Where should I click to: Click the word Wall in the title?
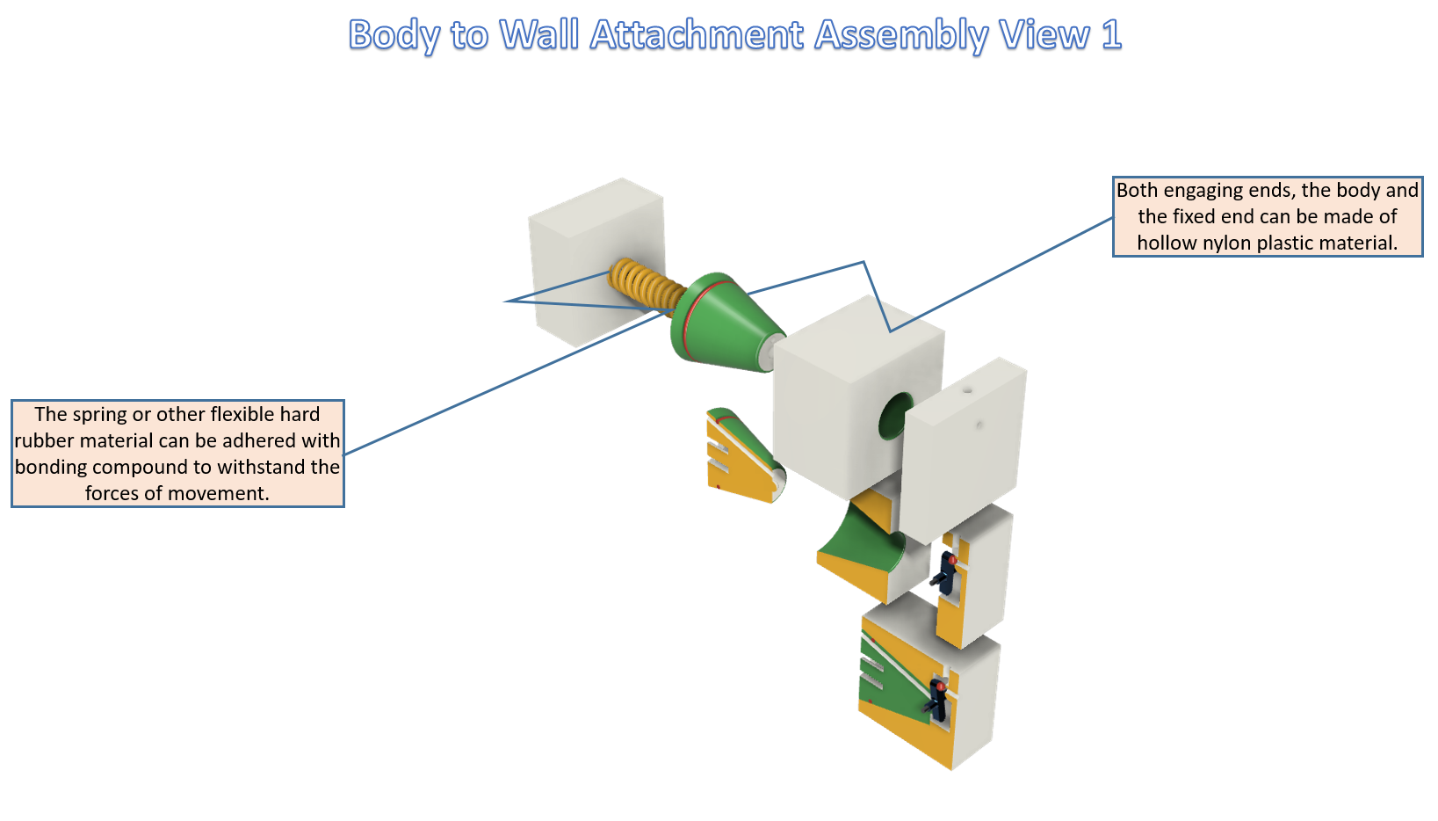click(539, 34)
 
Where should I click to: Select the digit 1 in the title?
click(1111, 34)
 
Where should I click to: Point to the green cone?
click(726, 324)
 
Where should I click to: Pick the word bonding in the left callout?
click(51, 468)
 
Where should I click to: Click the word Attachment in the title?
click(697, 34)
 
